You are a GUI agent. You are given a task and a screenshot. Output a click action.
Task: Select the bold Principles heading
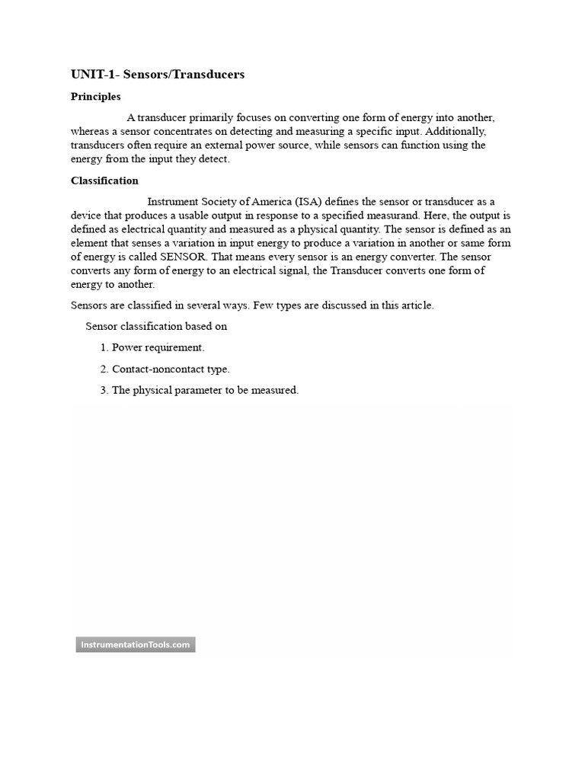tap(95, 97)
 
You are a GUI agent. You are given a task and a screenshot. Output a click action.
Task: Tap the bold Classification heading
tap(104, 181)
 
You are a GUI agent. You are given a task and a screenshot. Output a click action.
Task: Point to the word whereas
tap(91, 131)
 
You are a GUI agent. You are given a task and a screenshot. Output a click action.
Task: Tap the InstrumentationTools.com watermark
tap(135, 645)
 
